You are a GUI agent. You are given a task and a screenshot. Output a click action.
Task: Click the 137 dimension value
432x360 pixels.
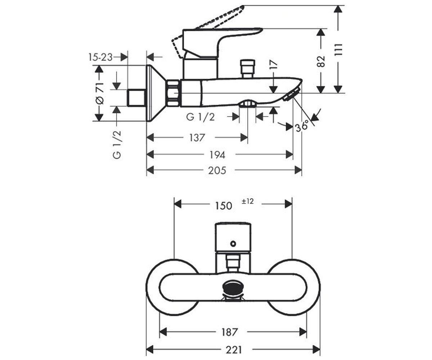[x=197, y=138]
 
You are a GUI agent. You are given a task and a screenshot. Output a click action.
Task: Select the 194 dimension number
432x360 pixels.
[x=217, y=155]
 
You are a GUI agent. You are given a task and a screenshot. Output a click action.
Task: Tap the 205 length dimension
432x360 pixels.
[x=217, y=171]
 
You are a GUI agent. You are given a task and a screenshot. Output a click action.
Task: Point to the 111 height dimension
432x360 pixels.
[x=338, y=49]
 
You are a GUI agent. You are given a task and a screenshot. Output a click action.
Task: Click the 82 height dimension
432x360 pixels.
[x=321, y=62]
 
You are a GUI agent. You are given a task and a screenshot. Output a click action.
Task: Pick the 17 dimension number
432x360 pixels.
[x=274, y=64]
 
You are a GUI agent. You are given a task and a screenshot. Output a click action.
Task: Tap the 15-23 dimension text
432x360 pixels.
[x=100, y=57]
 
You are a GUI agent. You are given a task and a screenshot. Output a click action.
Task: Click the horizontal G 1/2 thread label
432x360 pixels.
[x=200, y=117]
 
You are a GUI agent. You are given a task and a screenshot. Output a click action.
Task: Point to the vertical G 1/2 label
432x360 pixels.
[x=117, y=145]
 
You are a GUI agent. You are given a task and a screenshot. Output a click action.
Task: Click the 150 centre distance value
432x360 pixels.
[x=224, y=206]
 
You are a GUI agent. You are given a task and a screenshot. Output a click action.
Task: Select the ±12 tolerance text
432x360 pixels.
[x=248, y=201]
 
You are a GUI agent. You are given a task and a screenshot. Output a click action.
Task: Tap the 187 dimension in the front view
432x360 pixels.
[x=229, y=332]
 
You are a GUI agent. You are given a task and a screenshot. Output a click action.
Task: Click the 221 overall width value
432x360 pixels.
[x=234, y=350]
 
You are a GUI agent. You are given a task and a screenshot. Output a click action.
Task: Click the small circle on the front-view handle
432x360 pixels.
[x=233, y=244]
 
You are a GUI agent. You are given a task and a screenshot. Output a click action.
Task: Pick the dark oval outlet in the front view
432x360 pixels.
[x=233, y=287]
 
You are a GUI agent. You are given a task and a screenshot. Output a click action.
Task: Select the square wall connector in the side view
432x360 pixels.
[x=136, y=98]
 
